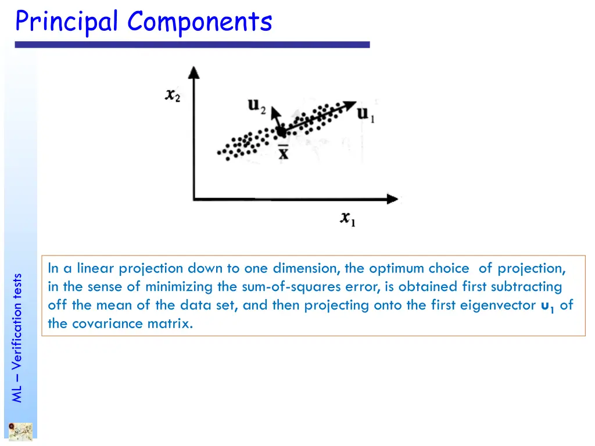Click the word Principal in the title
[68, 22]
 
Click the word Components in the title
[200, 22]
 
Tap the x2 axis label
[172, 95]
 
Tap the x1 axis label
[348, 219]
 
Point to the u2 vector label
[256, 106]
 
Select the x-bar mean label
[283, 153]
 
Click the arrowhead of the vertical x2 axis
[193, 71]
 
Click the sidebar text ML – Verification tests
[17, 337]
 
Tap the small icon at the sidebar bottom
[20, 431]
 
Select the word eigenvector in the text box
[499, 305]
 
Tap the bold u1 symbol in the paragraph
[547, 306]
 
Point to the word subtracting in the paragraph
[526, 287]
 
